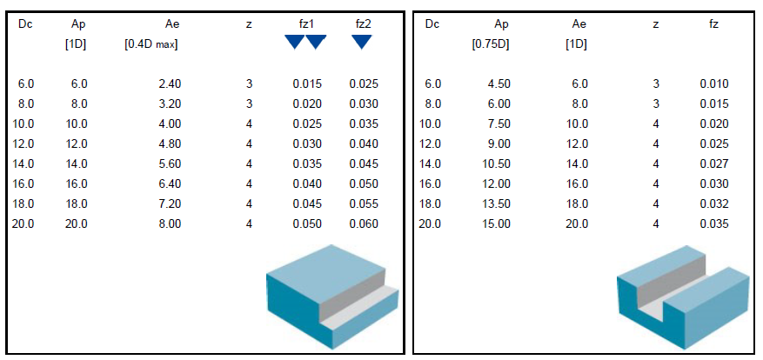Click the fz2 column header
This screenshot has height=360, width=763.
364,24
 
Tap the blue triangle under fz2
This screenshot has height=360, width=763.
362,43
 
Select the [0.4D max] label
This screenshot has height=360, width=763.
151,45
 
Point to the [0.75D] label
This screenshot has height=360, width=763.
491,45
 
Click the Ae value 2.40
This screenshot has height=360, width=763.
170,84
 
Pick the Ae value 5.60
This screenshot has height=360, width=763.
170,164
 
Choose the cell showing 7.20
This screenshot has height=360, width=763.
170,203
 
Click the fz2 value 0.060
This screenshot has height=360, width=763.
364,223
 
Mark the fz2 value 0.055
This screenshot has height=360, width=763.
364,203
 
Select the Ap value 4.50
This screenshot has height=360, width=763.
499,84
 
